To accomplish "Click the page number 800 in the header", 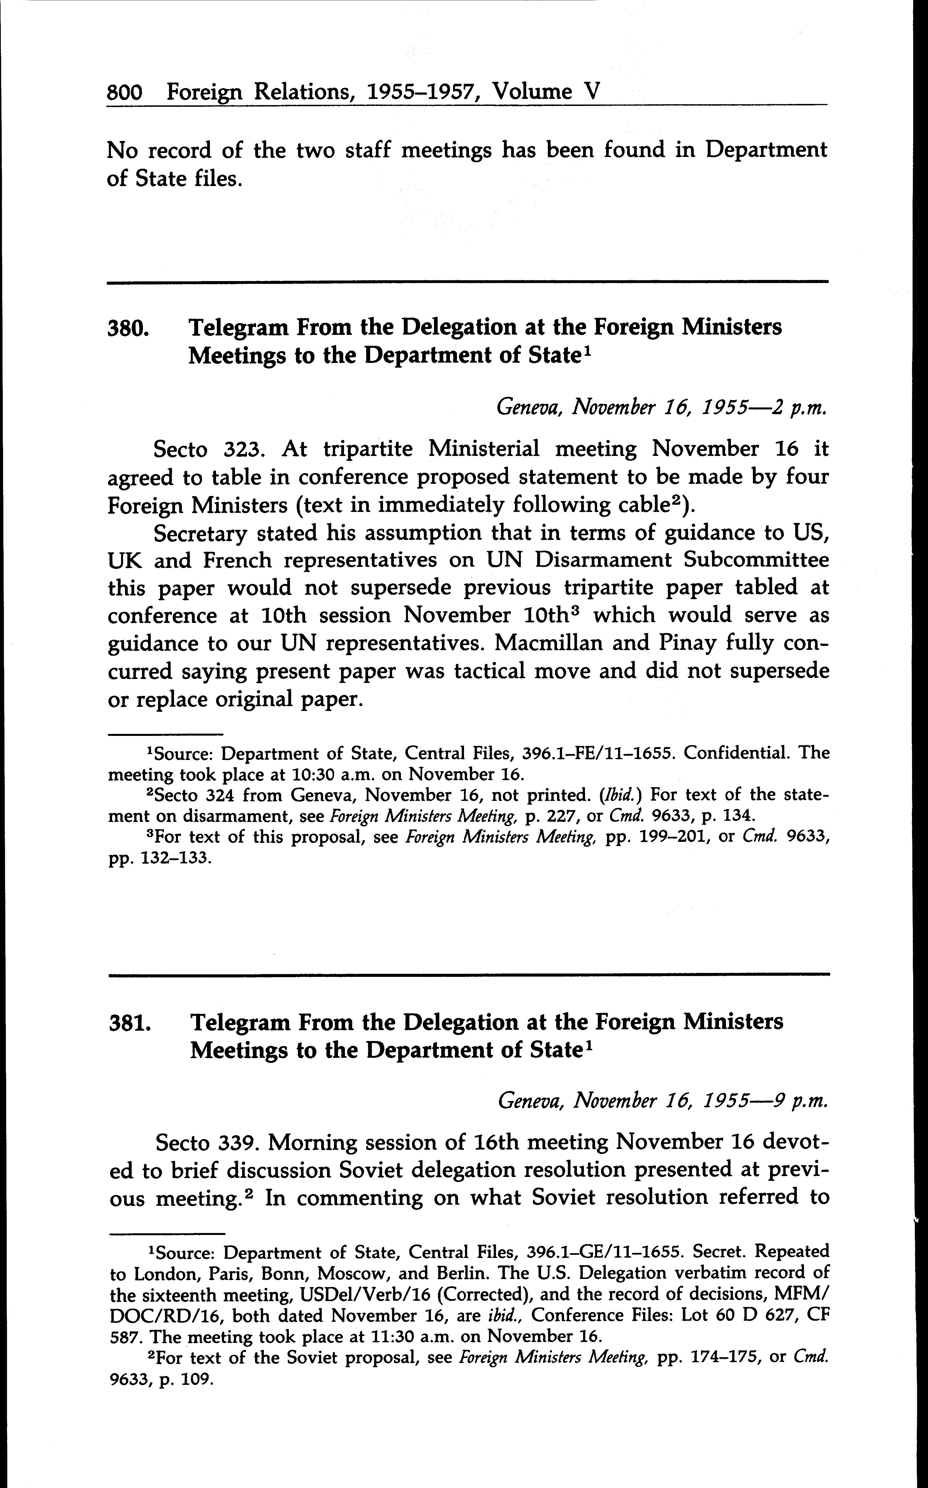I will point(125,92).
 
